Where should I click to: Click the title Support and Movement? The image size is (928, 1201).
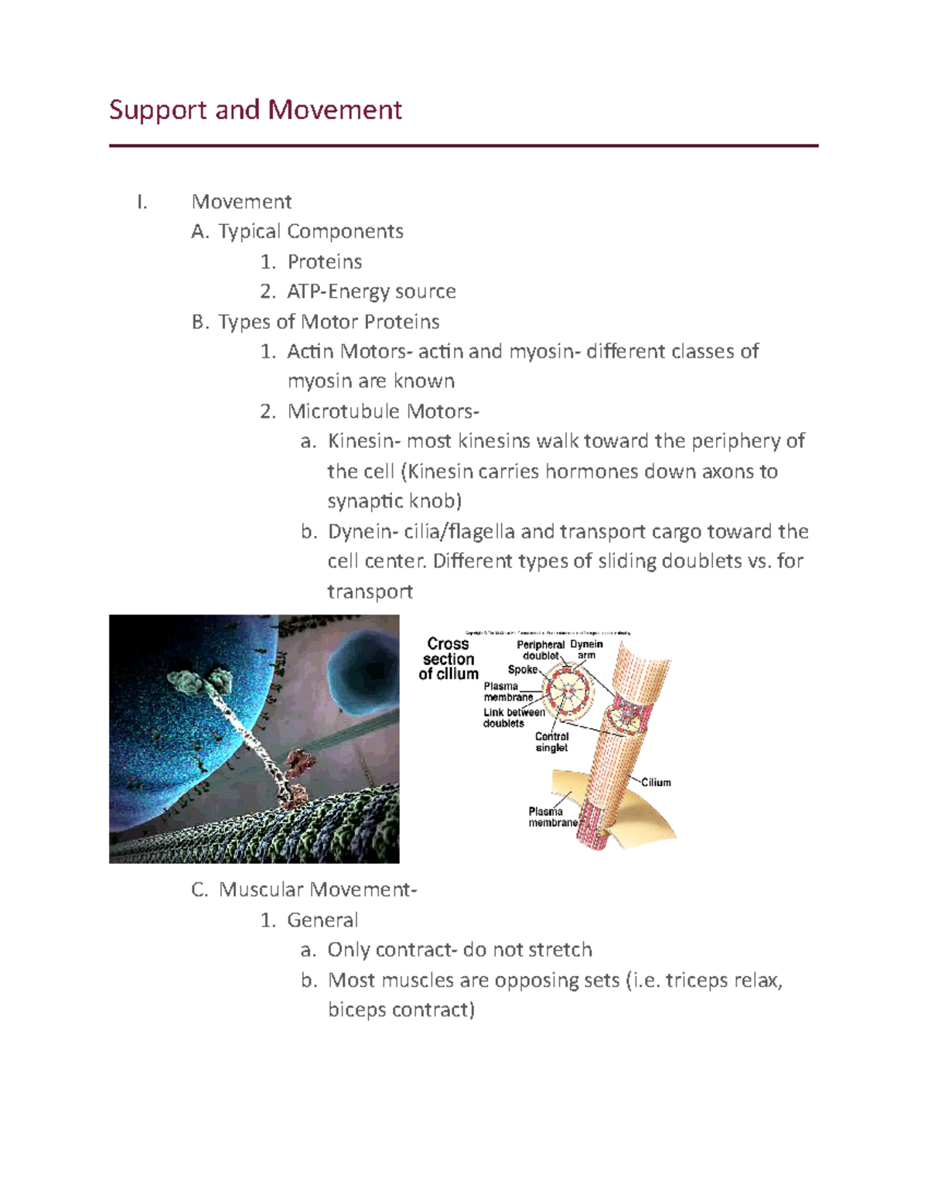point(255,110)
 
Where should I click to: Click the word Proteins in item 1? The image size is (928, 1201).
point(324,262)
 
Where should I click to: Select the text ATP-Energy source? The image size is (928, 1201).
point(371,292)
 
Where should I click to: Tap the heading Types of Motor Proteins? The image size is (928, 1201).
point(329,322)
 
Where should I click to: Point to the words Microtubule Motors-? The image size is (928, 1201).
point(383,411)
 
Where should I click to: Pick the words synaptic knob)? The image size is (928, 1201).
point(394,502)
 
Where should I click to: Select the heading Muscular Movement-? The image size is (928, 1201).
point(317,890)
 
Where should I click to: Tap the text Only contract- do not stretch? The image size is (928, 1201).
point(459,950)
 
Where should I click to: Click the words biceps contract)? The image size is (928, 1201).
point(401,1011)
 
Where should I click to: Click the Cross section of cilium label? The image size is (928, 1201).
point(449,659)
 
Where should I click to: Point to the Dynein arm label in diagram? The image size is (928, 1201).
point(586,650)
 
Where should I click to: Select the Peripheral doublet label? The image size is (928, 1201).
point(541,650)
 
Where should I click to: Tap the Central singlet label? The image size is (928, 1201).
point(551,742)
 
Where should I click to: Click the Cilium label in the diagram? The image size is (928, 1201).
point(656,783)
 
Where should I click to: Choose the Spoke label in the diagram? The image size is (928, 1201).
point(522,670)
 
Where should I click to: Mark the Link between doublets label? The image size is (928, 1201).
point(513,718)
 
